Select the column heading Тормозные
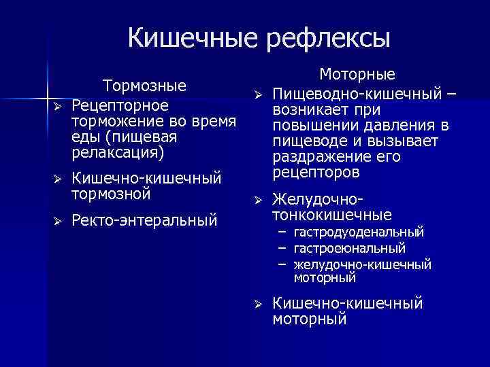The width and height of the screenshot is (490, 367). (x=144, y=86)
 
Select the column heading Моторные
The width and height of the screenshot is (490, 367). (x=357, y=75)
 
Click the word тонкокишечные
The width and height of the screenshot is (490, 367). (x=332, y=215)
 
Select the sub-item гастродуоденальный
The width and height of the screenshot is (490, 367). (x=359, y=233)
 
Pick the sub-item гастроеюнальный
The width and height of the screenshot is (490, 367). (x=350, y=248)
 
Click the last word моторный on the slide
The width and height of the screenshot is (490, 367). (x=310, y=319)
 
